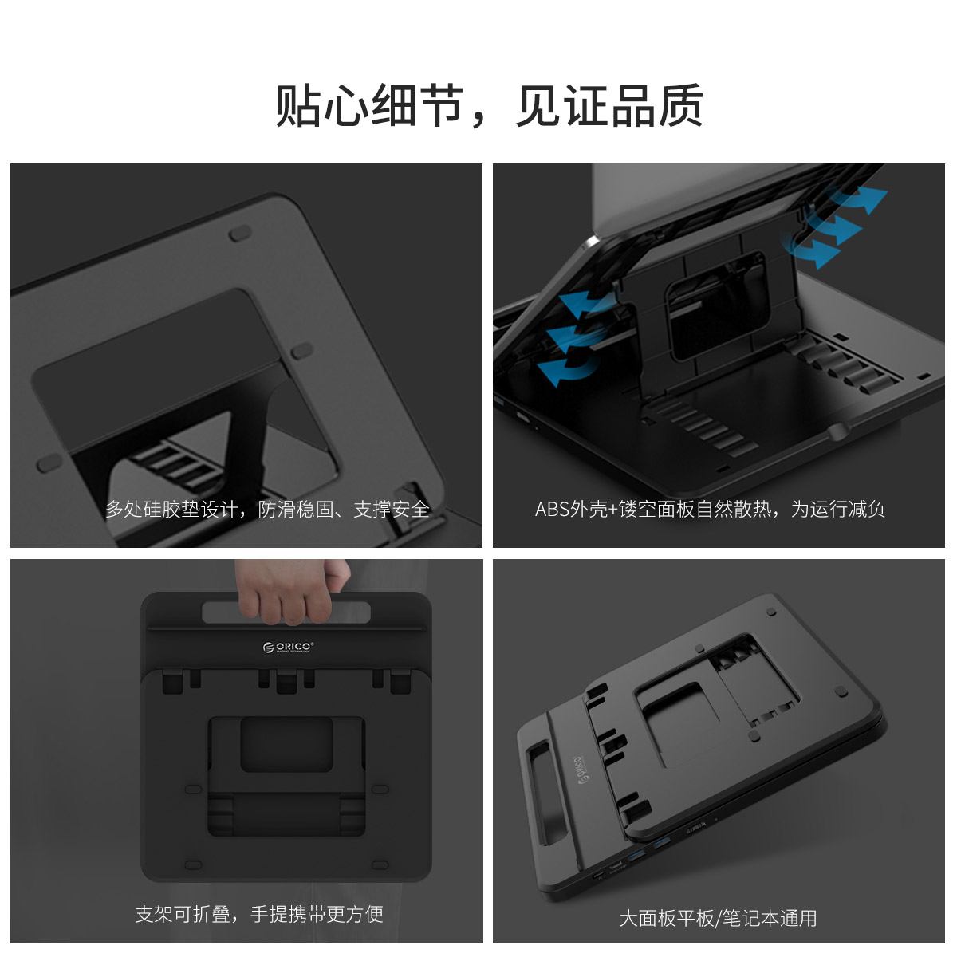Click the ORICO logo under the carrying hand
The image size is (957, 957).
[x=288, y=648]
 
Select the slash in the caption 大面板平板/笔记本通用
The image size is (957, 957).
[x=718, y=919]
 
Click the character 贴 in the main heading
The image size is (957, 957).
[x=297, y=105]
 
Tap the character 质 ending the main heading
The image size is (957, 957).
[x=681, y=105]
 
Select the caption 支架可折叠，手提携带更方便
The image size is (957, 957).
[x=259, y=914]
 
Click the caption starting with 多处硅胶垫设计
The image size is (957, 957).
[x=267, y=510]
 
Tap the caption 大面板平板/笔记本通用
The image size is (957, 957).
[x=718, y=919]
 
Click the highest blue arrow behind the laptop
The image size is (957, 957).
[x=858, y=199]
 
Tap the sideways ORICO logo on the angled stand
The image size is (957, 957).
[x=580, y=772]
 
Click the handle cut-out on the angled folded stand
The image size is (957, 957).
[x=547, y=794]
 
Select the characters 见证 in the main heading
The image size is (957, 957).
[x=562, y=105]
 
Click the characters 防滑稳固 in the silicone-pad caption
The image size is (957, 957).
[x=296, y=510]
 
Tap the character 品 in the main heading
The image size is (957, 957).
[x=633, y=105]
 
